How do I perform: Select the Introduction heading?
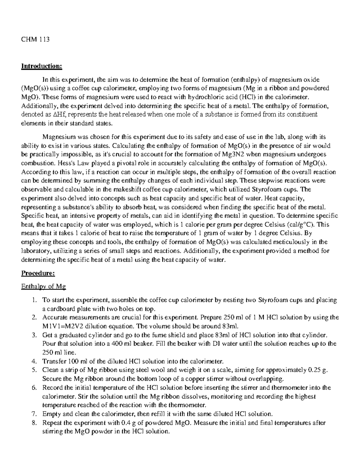pos(41,66)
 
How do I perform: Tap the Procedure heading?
pos(38,273)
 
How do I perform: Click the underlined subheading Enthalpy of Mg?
pos(43,287)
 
